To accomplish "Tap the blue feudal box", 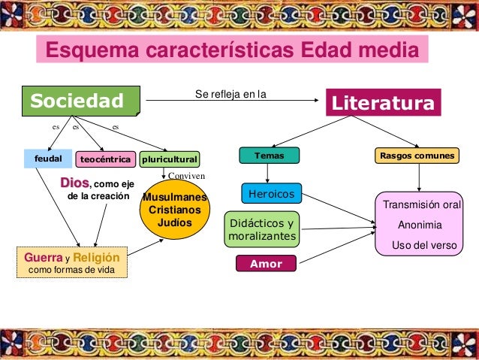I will click(x=47, y=159).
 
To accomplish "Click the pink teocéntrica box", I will click(x=105, y=159).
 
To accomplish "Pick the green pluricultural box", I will click(x=170, y=159).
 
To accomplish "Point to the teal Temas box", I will click(x=270, y=156).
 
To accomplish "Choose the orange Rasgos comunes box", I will click(x=417, y=156).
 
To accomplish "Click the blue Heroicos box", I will click(x=271, y=194).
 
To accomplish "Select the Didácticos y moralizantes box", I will click(x=261, y=229).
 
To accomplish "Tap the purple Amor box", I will click(x=266, y=264).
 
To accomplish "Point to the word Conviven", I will click(x=186, y=174).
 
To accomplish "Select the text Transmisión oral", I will click(x=421, y=205).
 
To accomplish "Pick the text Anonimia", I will click(x=420, y=225).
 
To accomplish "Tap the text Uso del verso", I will click(x=424, y=244).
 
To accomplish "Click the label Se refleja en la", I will click(x=230, y=95).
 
